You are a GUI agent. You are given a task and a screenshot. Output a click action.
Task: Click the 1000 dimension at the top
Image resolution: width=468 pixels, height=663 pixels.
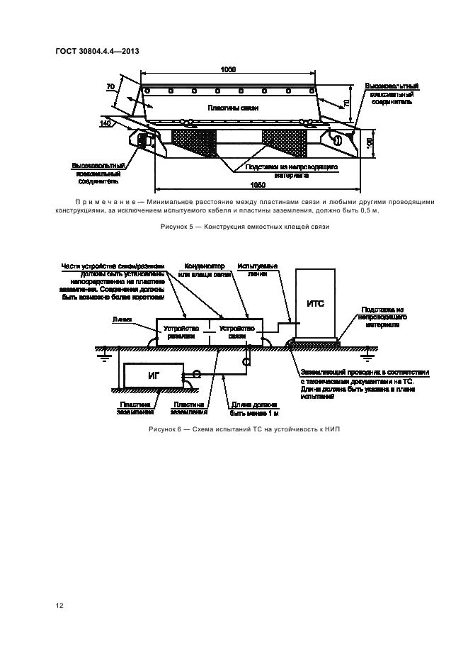point(228,69)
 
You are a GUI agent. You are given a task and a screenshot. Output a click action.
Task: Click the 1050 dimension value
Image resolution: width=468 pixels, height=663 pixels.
point(258,184)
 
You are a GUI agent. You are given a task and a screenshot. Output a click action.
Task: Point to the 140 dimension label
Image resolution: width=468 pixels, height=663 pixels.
point(105,124)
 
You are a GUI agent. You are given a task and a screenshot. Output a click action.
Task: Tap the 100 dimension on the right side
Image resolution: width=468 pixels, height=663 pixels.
point(369,141)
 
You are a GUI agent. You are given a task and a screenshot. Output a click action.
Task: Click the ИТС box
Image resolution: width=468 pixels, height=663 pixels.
point(315,304)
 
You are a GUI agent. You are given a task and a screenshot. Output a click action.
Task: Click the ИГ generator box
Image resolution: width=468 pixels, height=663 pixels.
point(153,374)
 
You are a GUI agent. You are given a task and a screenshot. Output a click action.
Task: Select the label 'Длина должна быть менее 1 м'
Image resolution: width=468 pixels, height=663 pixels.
point(250,408)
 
